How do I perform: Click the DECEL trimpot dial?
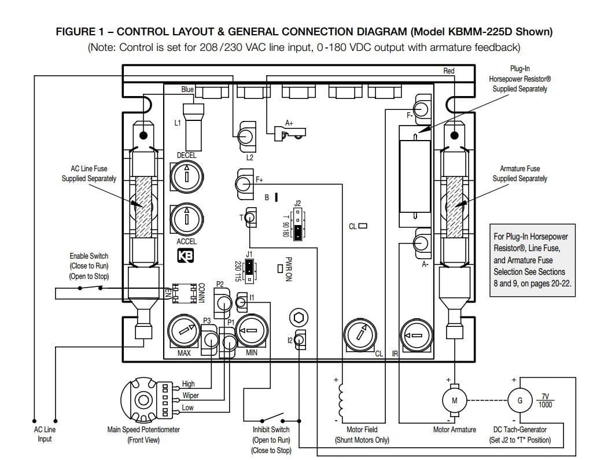tap(186, 177)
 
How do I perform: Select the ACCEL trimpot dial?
tap(186, 219)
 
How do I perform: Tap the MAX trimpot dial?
tap(184, 332)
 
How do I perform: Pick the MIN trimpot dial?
tap(252, 331)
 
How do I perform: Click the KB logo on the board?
tap(185, 256)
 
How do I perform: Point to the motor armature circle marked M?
tap(455, 400)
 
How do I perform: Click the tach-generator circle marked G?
tap(520, 400)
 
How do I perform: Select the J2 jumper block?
tap(298, 224)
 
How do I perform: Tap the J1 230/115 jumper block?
tap(250, 270)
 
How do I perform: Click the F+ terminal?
tap(244, 183)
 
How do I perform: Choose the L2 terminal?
tap(246, 137)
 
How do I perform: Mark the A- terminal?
tap(422, 244)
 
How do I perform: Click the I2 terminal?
tap(300, 340)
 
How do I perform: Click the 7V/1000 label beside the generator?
tap(545, 400)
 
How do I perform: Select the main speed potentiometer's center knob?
tap(143, 400)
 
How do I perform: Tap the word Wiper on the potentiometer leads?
tap(190, 396)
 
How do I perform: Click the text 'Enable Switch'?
tap(89, 256)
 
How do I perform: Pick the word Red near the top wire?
tap(449, 71)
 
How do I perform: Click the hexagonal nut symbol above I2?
tap(299, 318)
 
